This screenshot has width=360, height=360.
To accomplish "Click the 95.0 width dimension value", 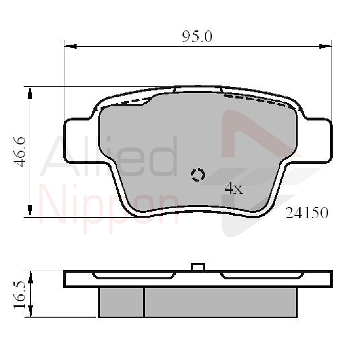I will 197,37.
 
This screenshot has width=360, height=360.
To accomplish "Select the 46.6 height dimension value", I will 21,152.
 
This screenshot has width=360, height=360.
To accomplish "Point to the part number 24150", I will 307,213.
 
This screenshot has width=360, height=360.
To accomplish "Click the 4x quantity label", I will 233,189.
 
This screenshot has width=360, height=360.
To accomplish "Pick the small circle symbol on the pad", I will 197,174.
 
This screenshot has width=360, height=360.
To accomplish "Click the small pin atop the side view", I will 197,267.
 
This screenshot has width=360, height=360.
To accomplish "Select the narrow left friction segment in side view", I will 121,302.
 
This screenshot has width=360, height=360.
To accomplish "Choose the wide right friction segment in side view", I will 220,302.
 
